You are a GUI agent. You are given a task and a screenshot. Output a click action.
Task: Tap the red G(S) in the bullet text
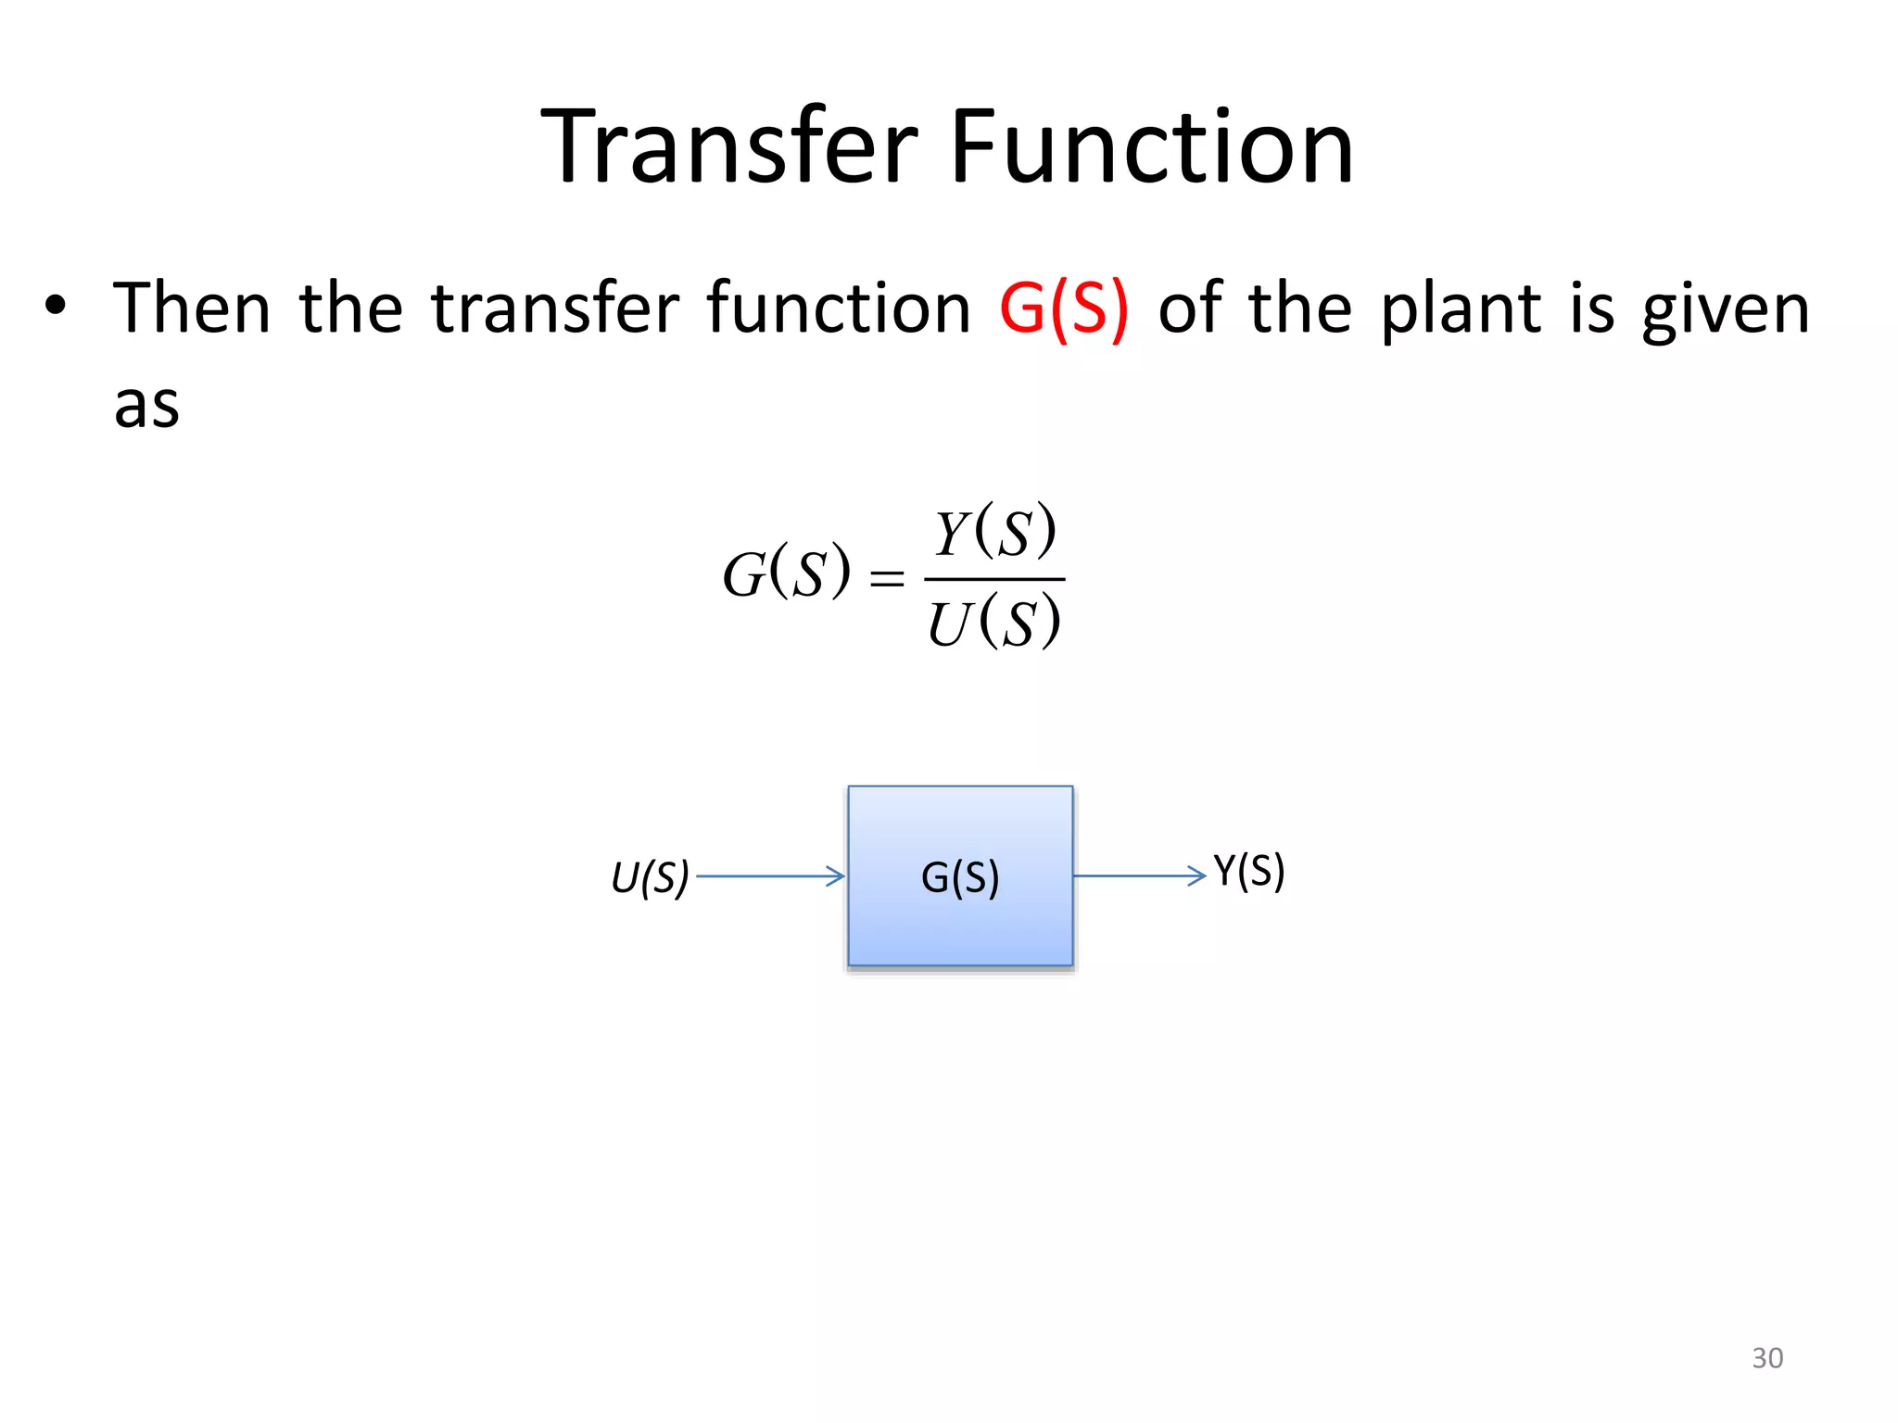tap(1064, 309)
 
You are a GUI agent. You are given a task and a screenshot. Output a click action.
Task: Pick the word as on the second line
tap(146, 406)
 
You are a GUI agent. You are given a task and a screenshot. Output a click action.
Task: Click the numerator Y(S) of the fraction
tap(995, 532)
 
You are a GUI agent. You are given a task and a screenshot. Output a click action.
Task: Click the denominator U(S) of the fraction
tap(994, 623)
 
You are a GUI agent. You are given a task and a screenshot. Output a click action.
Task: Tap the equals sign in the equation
tap(886, 579)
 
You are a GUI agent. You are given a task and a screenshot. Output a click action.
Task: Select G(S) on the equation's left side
tap(786, 573)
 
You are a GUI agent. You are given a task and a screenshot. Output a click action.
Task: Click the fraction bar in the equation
tap(994, 579)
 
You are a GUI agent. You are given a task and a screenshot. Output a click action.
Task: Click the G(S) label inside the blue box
tap(960, 876)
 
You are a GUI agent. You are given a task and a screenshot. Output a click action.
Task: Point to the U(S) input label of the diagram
tap(650, 876)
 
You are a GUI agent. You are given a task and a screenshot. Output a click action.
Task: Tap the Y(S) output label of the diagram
tap(1248, 871)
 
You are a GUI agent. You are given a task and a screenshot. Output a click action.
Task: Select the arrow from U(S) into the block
tap(770, 875)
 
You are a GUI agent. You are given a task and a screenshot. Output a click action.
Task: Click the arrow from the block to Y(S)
tap(1140, 875)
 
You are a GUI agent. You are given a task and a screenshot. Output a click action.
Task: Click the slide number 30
tap(1767, 1357)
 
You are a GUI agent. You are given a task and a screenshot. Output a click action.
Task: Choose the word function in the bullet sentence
tap(839, 308)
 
